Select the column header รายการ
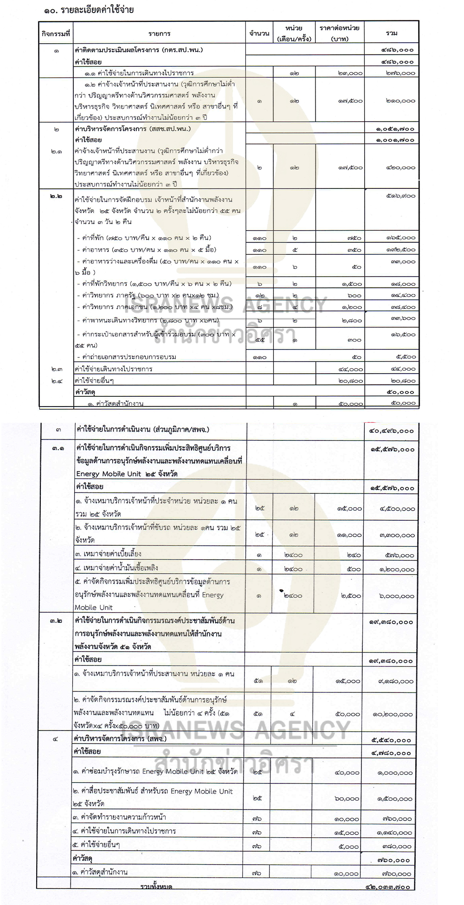160,33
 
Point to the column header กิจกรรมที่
56,33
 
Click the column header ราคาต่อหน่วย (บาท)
340,33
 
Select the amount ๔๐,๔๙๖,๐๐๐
391,431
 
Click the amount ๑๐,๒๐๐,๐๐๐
393,714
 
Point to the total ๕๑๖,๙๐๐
400,196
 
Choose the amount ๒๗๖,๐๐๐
400,73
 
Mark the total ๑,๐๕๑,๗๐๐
395,129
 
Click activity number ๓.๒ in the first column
56,621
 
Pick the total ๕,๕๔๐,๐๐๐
392,740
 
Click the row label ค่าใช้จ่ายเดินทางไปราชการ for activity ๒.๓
113,369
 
